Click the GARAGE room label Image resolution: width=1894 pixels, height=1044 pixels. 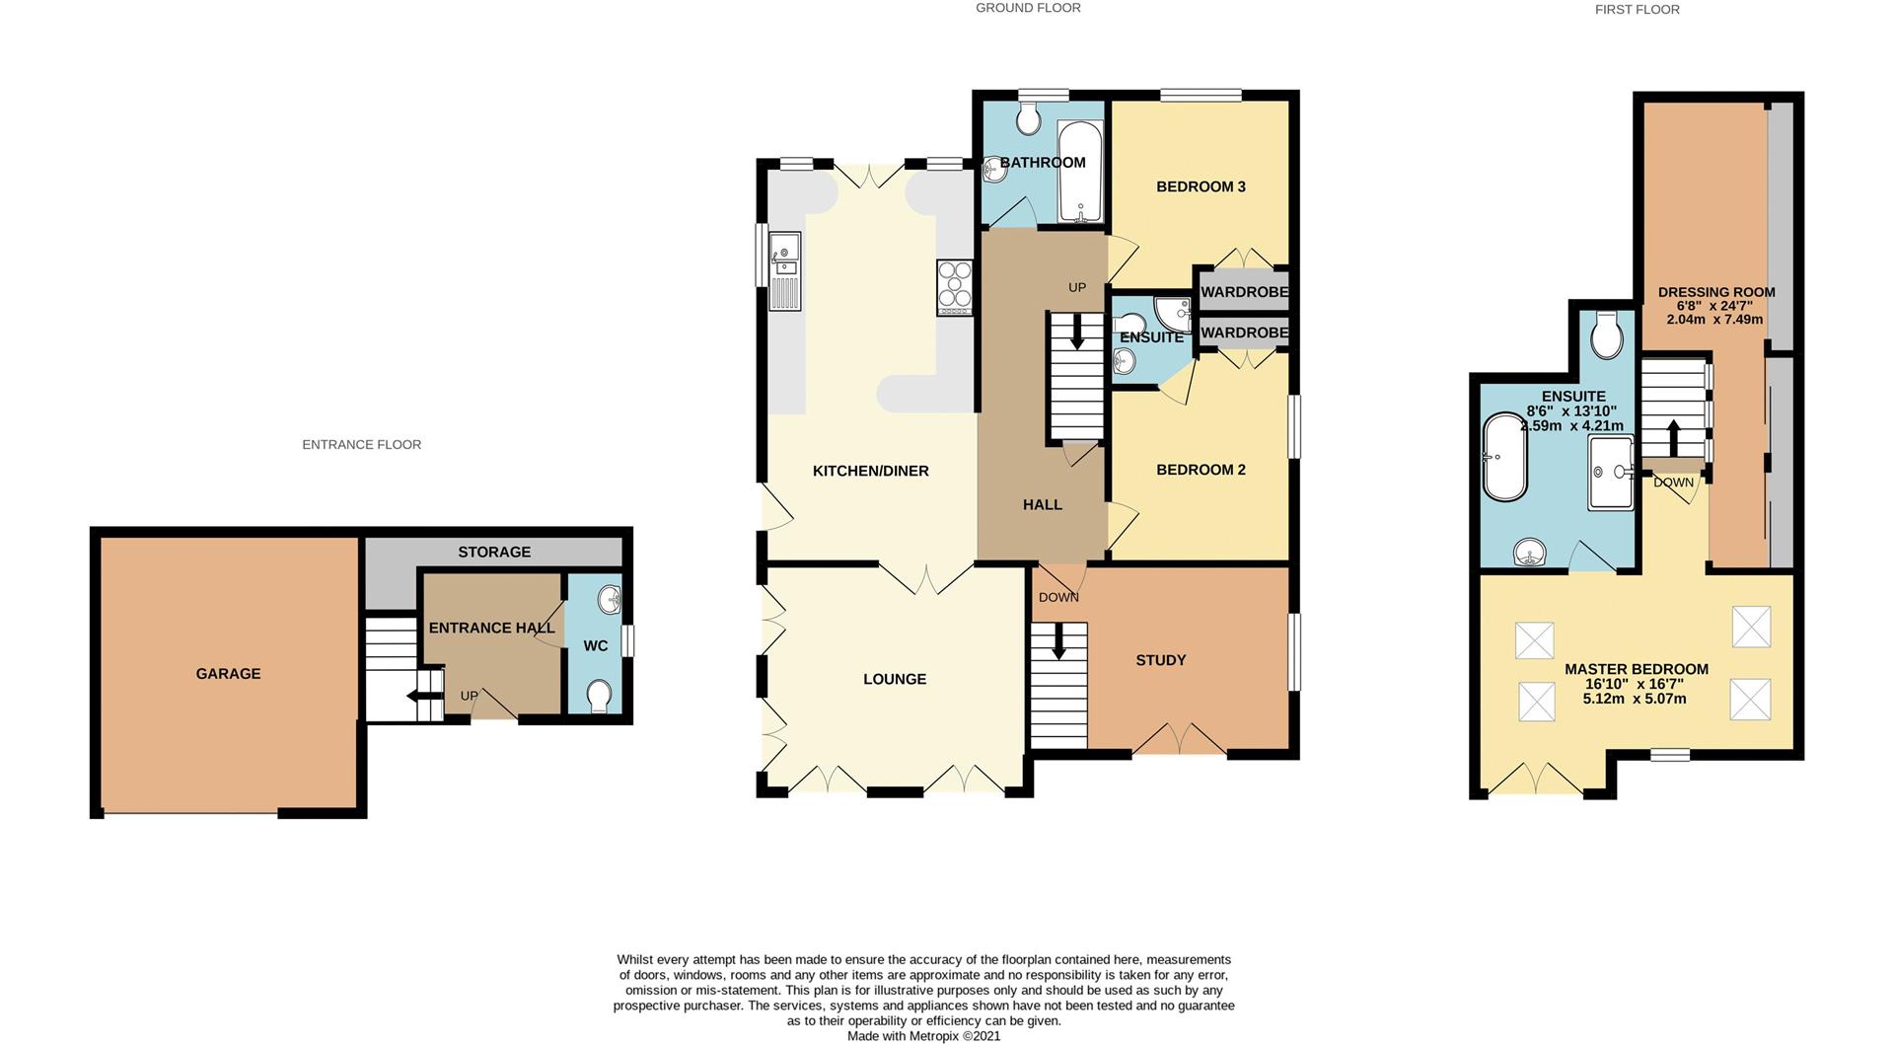pyautogui.click(x=228, y=674)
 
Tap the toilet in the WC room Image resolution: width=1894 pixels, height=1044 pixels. pyautogui.click(x=598, y=696)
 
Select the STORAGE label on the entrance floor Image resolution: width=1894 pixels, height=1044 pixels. pyautogui.click(x=494, y=553)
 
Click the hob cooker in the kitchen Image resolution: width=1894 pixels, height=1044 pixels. pyautogui.click(x=955, y=287)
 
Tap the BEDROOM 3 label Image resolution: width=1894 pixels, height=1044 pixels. pyautogui.click(x=1201, y=186)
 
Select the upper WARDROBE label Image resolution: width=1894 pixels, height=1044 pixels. pyautogui.click(x=1244, y=292)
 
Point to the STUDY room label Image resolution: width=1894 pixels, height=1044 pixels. pyautogui.click(x=1160, y=660)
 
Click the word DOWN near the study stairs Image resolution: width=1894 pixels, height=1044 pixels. pyautogui.click(x=1058, y=598)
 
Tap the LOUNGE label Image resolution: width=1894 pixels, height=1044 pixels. pyautogui.click(x=895, y=679)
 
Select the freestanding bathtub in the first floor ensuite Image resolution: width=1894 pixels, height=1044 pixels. pyautogui.click(x=1504, y=458)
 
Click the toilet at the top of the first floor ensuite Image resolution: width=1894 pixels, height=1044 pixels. pyautogui.click(x=1607, y=336)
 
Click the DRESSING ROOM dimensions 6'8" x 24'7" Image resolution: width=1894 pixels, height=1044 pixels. pyautogui.click(x=1715, y=306)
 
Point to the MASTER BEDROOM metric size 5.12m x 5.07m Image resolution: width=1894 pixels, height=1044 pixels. pyautogui.click(x=1635, y=699)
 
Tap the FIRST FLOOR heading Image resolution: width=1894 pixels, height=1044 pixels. pyautogui.click(x=1637, y=10)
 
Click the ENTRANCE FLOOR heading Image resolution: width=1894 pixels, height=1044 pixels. pyautogui.click(x=361, y=445)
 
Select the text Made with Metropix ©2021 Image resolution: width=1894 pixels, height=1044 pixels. pyautogui.click(x=923, y=1036)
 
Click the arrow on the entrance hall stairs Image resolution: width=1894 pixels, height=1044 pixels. pyautogui.click(x=424, y=697)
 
